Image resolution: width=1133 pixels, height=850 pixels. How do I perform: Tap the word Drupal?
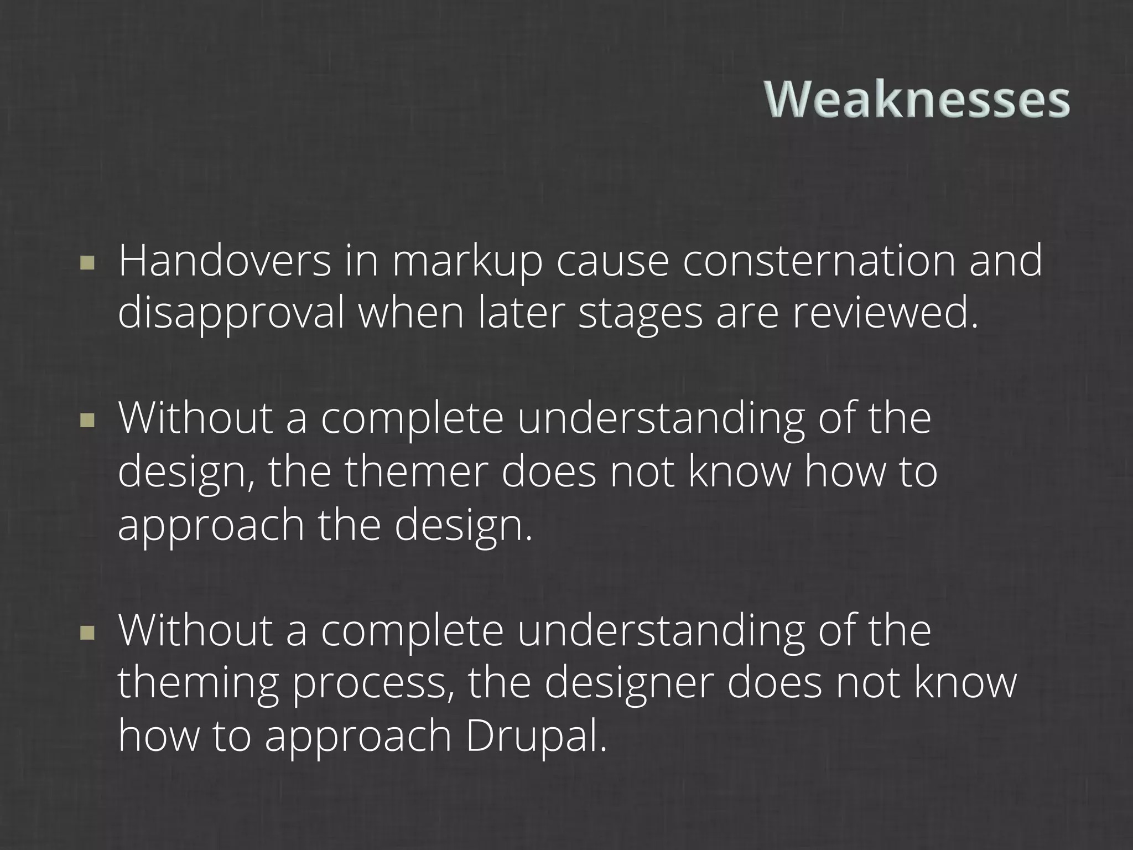(536, 736)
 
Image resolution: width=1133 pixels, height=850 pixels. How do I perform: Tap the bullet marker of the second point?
(87, 422)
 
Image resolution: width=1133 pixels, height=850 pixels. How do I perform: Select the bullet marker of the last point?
(87, 633)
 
